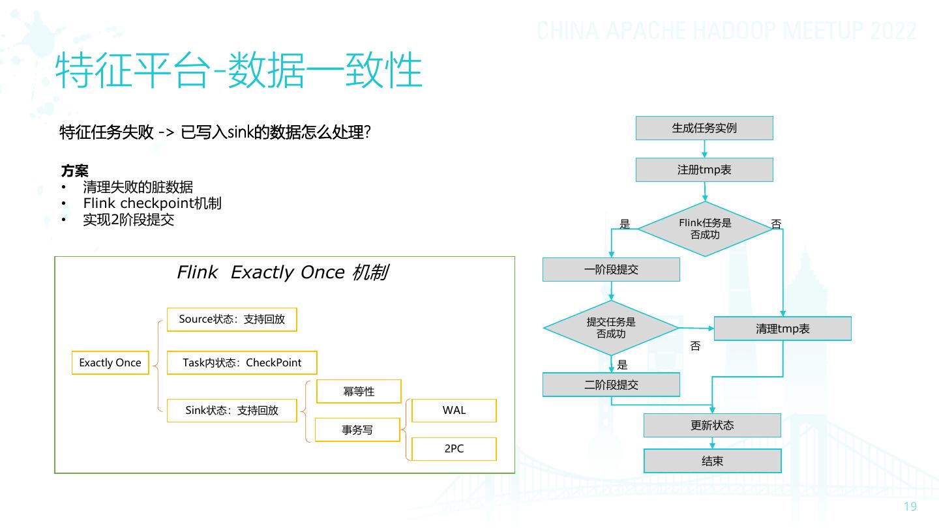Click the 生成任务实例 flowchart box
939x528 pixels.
(704, 128)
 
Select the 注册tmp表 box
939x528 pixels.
(704, 169)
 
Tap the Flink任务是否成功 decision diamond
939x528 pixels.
(705, 228)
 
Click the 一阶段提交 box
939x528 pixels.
(611, 269)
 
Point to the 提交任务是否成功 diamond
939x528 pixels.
(611, 328)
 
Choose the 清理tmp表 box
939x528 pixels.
(782, 329)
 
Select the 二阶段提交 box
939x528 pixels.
(611, 385)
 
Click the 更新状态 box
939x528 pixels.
(712, 425)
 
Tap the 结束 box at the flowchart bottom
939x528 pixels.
(712, 461)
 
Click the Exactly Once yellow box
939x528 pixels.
(110, 362)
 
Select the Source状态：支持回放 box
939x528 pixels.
(232, 319)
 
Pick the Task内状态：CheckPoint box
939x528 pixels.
(242, 362)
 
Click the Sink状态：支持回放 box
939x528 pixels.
(232, 410)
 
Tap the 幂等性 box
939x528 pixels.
(359, 391)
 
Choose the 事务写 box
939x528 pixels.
(357, 430)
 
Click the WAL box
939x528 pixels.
(454, 410)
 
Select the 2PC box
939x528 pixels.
(454, 448)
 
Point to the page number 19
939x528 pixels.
(910, 507)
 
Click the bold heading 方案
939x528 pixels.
(74, 171)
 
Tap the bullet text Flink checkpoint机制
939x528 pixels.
(152, 203)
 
